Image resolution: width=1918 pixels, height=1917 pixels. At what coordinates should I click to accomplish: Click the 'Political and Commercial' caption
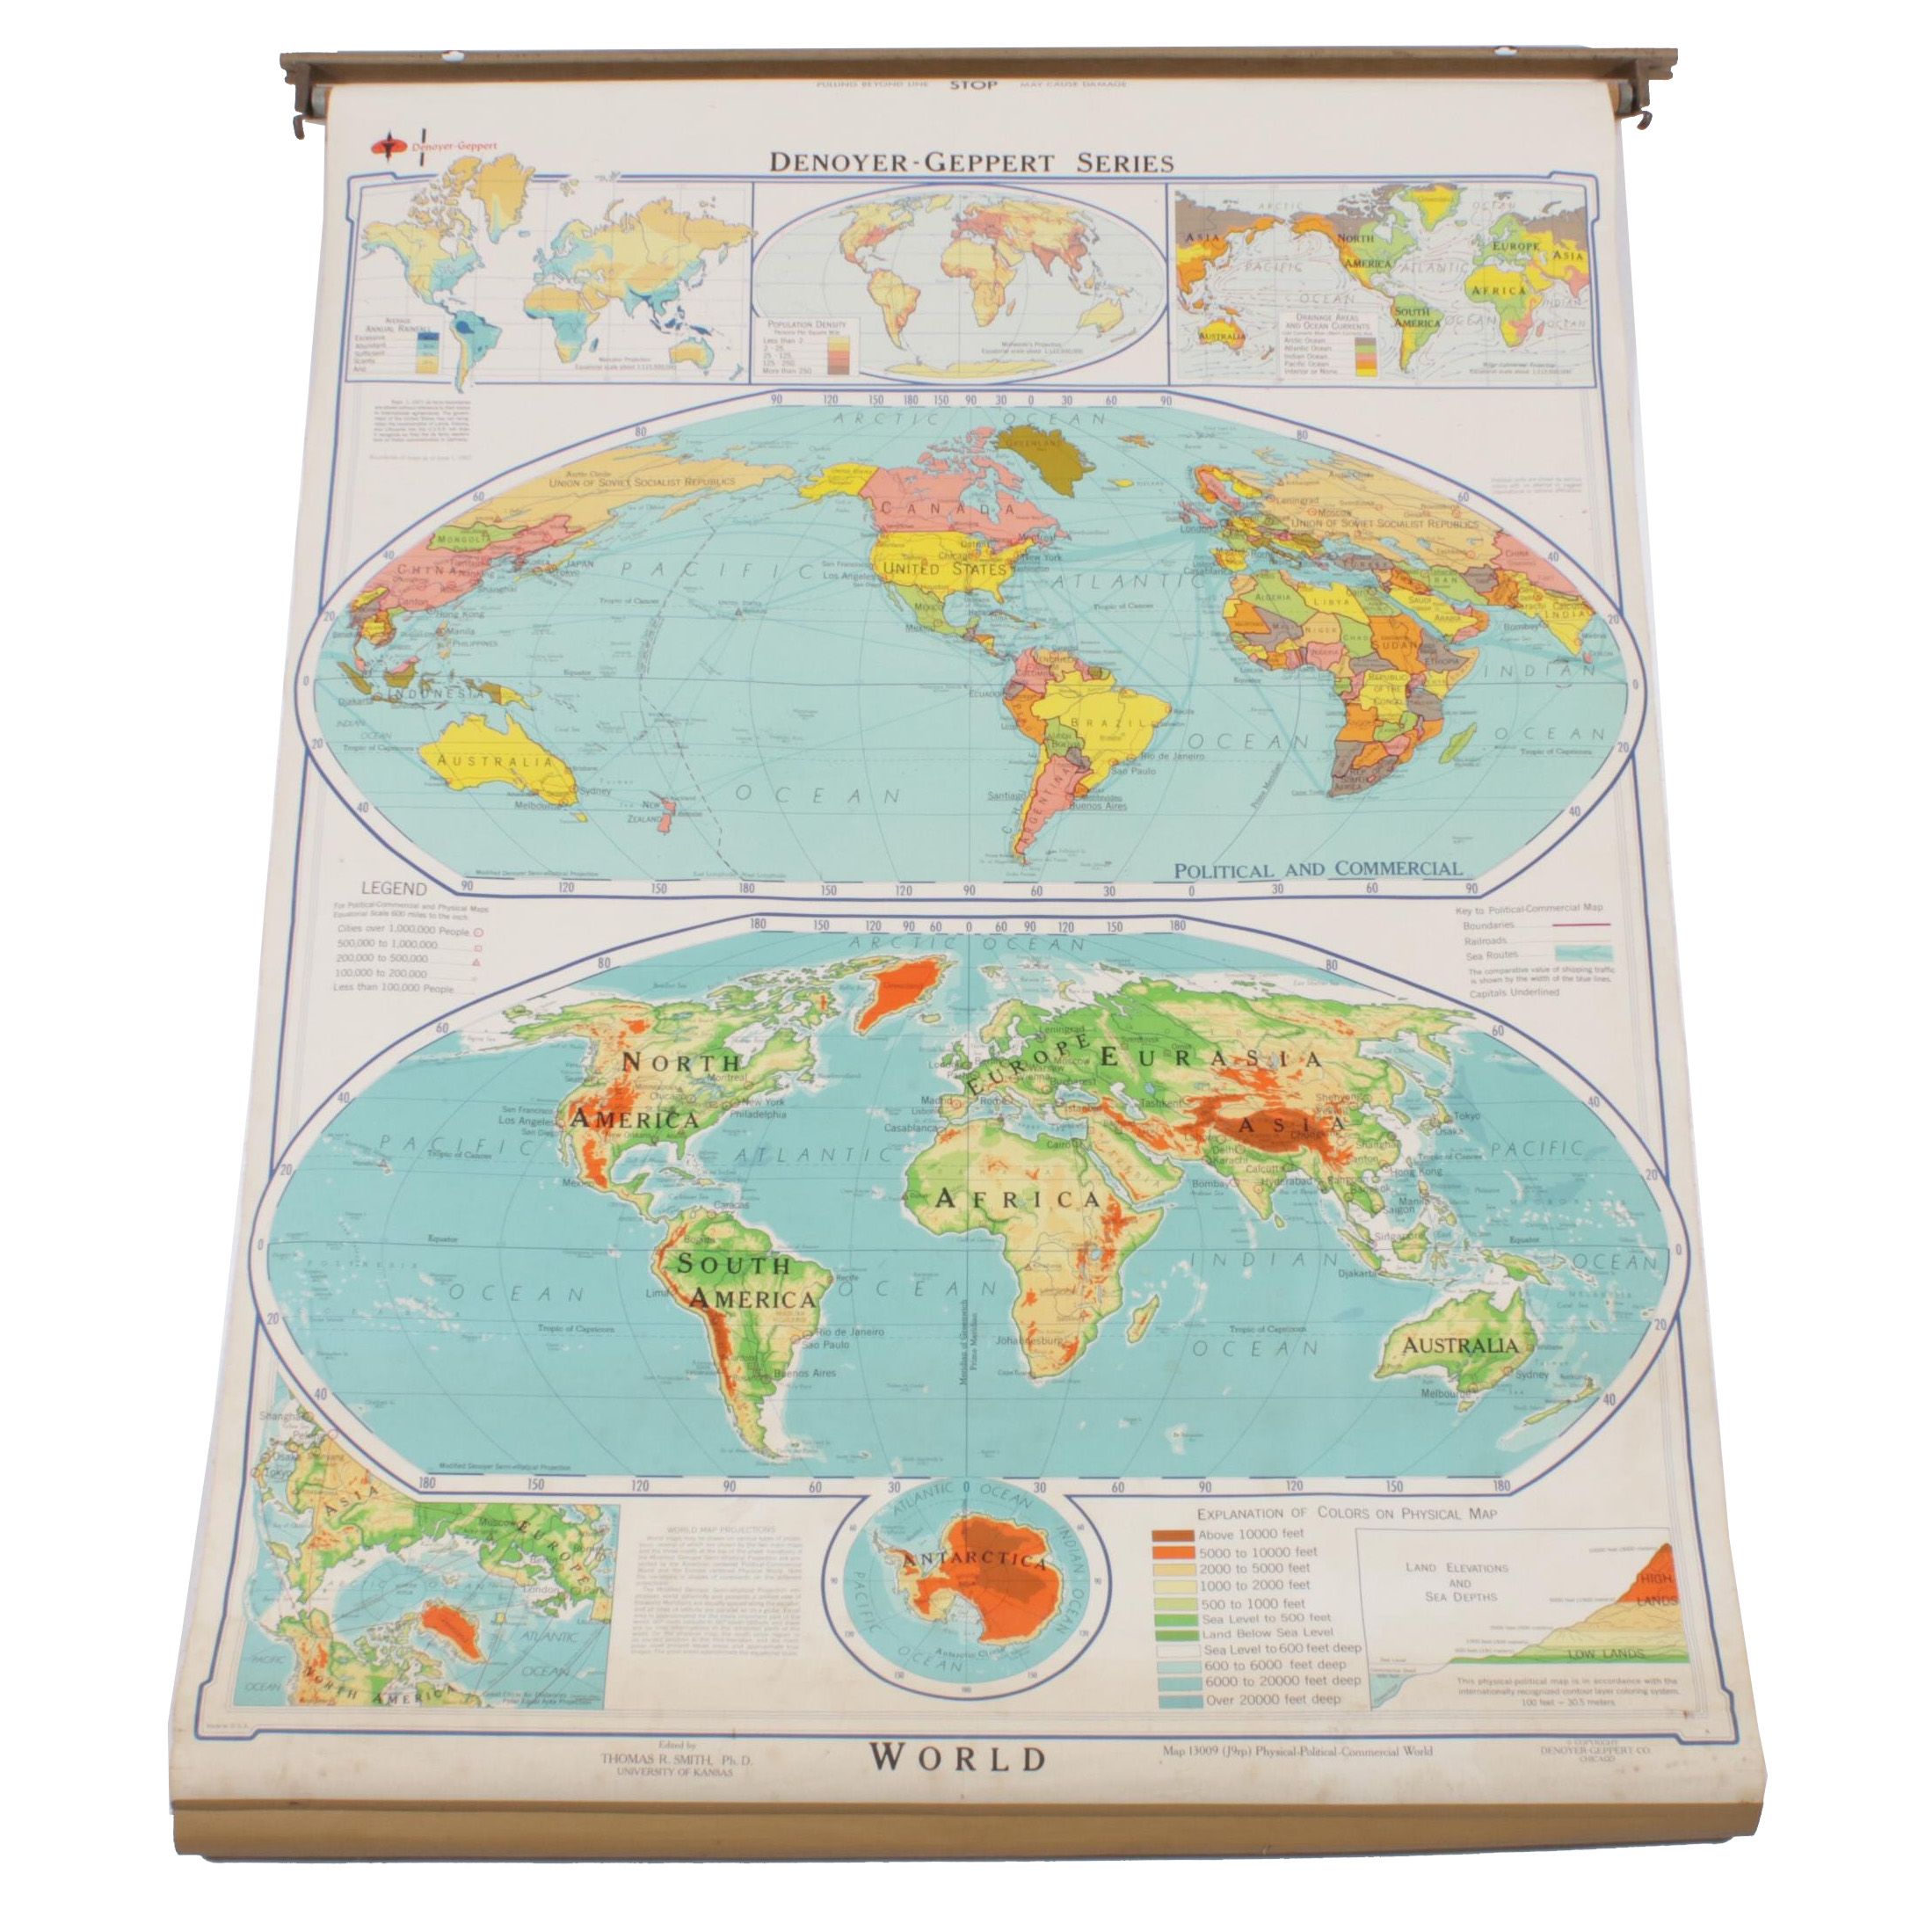(1318, 869)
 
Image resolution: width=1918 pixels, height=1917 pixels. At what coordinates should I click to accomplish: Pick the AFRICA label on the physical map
(1018, 1199)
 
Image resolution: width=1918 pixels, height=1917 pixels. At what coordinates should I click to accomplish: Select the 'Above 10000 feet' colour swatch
(1172, 1534)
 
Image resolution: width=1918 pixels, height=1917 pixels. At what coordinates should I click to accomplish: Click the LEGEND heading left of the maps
(393, 889)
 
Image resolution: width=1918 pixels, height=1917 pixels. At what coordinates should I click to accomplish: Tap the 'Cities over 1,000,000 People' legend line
(404, 929)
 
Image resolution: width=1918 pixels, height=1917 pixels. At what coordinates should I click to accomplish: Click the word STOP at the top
(972, 85)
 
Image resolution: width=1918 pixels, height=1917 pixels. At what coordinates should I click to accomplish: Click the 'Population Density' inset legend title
(806, 324)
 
